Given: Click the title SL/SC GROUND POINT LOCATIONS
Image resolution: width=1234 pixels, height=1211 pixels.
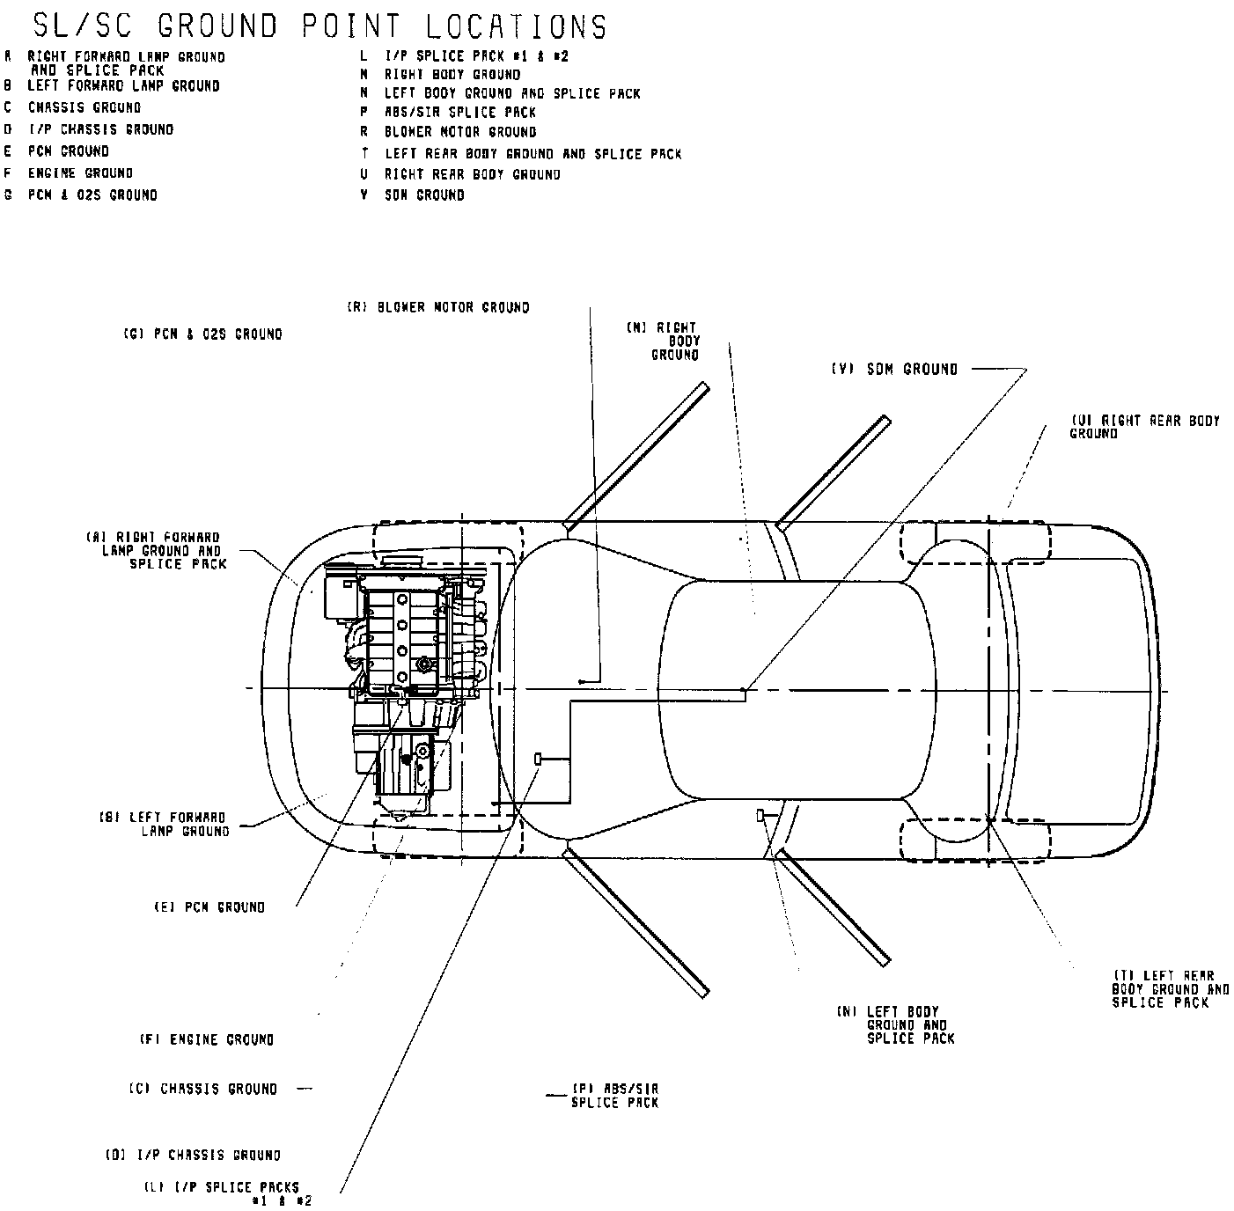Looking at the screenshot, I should [x=319, y=26].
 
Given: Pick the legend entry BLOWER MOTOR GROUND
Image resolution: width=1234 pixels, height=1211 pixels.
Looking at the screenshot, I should [x=459, y=132].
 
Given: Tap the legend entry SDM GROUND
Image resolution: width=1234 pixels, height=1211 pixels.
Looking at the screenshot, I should [x=423, y=194].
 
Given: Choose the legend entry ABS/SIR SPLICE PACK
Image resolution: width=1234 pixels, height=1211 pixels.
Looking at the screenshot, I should [x=459, y=112].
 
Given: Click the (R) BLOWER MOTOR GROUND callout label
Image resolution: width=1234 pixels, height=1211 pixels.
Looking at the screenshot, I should [x=438, y=307].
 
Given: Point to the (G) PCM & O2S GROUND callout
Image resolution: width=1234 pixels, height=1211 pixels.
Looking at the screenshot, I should [x=202, y=334].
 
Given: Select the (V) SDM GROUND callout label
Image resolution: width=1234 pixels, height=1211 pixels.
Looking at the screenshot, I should [x=894, y=370].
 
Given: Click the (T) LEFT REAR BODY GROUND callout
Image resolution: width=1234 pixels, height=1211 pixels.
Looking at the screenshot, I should [x=1170, y=989].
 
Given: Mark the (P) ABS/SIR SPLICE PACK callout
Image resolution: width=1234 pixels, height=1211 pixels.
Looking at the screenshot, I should [x=614, y=1095].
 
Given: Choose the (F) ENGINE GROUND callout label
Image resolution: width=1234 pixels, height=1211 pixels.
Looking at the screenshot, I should [x=206, y=1039].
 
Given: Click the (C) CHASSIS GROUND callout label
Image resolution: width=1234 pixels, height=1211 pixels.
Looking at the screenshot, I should [x=203, y=1089].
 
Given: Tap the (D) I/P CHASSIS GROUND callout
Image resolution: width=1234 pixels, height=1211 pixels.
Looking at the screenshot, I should [x=194, y=1155].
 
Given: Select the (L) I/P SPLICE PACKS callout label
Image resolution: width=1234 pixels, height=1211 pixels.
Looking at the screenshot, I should [x=227, y=1193].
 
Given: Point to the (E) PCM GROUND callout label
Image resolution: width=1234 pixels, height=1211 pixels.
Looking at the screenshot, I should [x=209, y=906].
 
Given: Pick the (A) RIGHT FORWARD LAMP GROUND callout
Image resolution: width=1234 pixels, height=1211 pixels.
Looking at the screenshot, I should [x=156, y=550].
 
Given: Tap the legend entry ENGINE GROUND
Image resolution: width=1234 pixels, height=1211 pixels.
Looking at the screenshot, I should [x=80, y=173].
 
